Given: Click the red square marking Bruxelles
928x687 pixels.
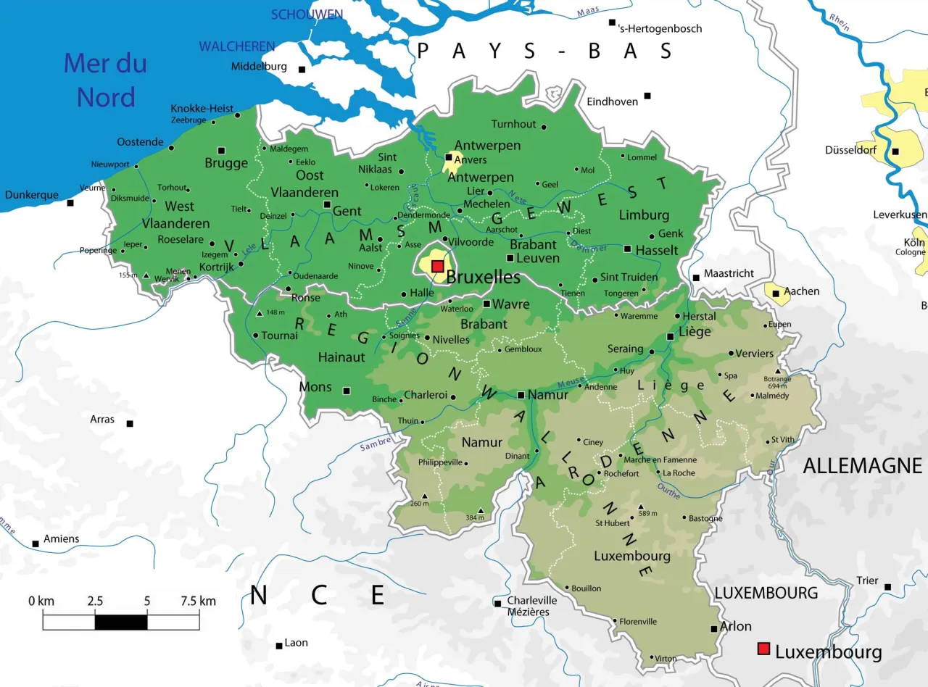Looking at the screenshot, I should click(438, 267).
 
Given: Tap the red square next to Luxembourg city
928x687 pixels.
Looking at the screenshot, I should click(763, 649).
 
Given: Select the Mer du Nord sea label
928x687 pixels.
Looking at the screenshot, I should click(105, 80).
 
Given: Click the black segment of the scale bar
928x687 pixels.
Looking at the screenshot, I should click(121, 622).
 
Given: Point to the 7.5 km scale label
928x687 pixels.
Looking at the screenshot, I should click(198, 601).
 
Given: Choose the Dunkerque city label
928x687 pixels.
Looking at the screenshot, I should click(31, 195).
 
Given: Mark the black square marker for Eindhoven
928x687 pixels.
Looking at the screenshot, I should click(647, 96).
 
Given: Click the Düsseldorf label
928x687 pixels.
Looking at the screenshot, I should click(850, 150).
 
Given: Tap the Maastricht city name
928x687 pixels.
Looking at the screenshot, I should click(729, 273).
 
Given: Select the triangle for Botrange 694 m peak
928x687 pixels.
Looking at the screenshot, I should click(777, 370).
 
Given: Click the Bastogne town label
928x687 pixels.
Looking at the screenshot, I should click(705, 518).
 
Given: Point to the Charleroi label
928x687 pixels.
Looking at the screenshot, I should click(425, 396).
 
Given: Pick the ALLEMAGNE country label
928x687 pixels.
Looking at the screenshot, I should click(862, 466).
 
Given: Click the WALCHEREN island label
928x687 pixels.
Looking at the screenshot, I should click(237, 46).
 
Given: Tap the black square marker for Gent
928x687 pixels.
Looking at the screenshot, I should click(327, 204).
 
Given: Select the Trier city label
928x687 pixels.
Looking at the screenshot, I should click(867, 580).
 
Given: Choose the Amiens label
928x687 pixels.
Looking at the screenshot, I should click(62, 538).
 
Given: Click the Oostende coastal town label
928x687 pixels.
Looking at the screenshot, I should click(140, 142).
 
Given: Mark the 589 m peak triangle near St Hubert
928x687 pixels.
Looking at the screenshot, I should click(640, 507).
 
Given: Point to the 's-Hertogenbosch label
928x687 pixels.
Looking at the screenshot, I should click(660, 29).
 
